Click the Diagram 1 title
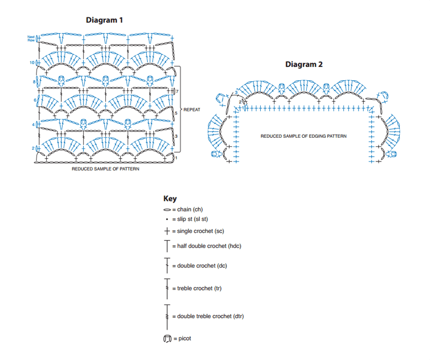(104, 20)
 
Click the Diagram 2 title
(304, 64)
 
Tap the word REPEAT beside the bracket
(192, 110)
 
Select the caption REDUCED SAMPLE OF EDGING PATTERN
(303, 136)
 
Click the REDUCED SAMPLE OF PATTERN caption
(105, 169)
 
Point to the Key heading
(170, 199)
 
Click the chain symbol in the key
(167, 210)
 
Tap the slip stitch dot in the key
(167, 220)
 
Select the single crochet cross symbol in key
(167, 231)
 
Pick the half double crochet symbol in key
(167, 246)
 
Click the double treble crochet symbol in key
(167, 317)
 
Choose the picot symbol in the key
(167, 339)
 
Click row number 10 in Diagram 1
(32, 62)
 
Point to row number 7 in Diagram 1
(177, 91)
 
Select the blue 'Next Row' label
(31, 38)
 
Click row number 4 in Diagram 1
(33, 125)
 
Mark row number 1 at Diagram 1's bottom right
(176, 158)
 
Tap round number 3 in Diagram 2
(236, 93)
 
